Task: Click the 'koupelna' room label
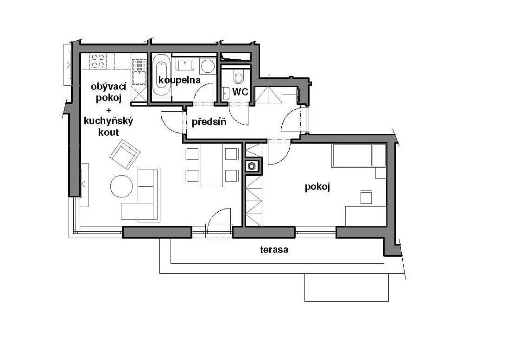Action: coord(179,80)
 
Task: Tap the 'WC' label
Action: coord(240,92)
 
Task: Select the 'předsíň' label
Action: coord(209,123)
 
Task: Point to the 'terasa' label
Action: coord(274,250)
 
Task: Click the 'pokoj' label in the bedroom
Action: coord(317,187)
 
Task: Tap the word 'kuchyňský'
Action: coord(108,121)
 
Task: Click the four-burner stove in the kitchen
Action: coord(98,61)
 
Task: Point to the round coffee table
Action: coord(121,186)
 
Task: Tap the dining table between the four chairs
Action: coord(212,165)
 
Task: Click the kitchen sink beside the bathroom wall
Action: coord(139,77)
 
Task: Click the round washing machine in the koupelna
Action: coord(208,67)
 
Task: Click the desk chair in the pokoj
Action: coord(366,197)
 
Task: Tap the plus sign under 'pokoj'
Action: coord(109,110)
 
